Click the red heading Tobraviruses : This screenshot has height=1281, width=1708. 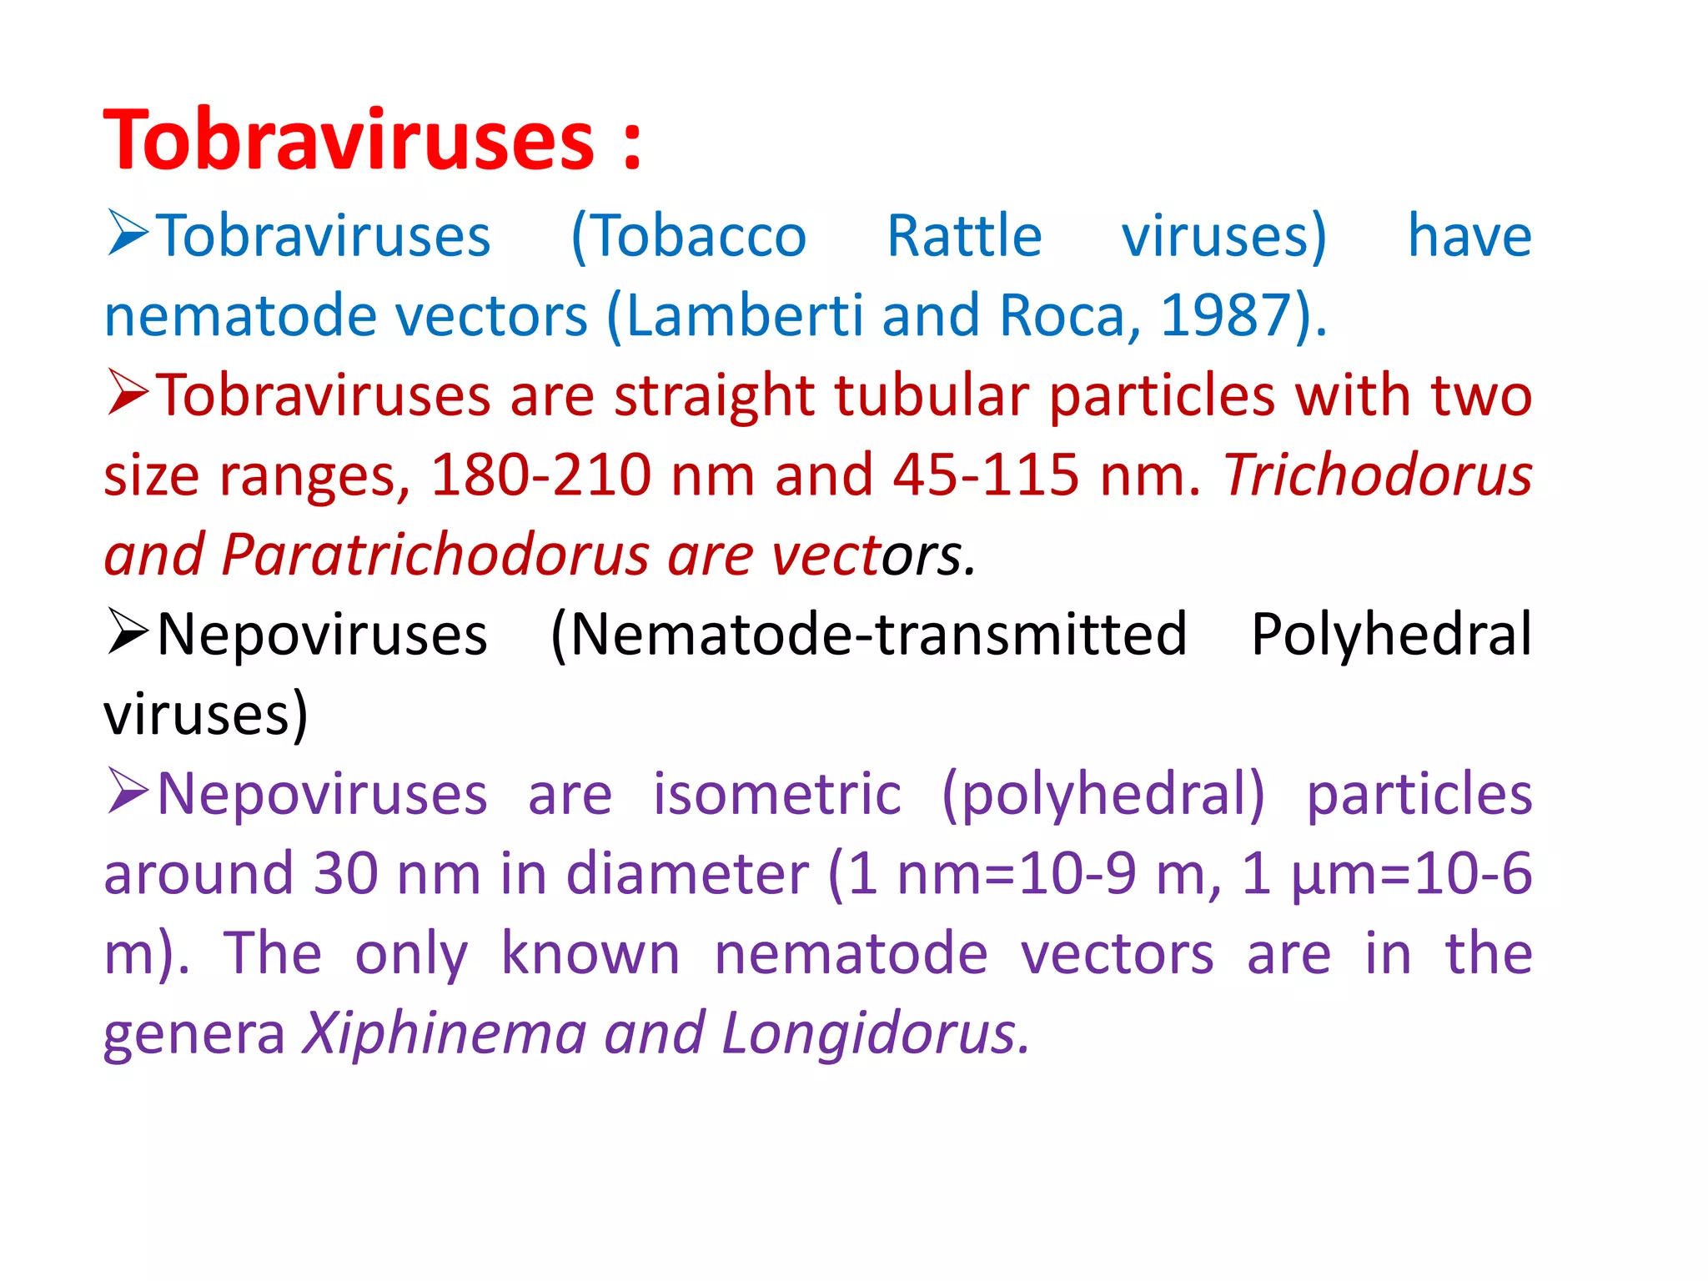coord(372,140)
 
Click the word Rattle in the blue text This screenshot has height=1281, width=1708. coord(964,236)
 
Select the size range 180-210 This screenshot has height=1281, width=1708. coord(540,475)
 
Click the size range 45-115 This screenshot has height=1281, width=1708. coord(986,475)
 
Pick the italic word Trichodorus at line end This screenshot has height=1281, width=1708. coord(1377,475)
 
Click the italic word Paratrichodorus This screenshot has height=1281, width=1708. coord(435,555)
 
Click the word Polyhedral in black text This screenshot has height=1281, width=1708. coord(1391,635)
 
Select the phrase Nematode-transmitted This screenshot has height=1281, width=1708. coord(878,635)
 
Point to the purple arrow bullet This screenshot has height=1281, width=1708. coord(128,791)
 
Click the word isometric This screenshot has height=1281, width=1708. coord(776,794)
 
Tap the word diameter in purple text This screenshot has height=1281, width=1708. coord(687,874)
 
